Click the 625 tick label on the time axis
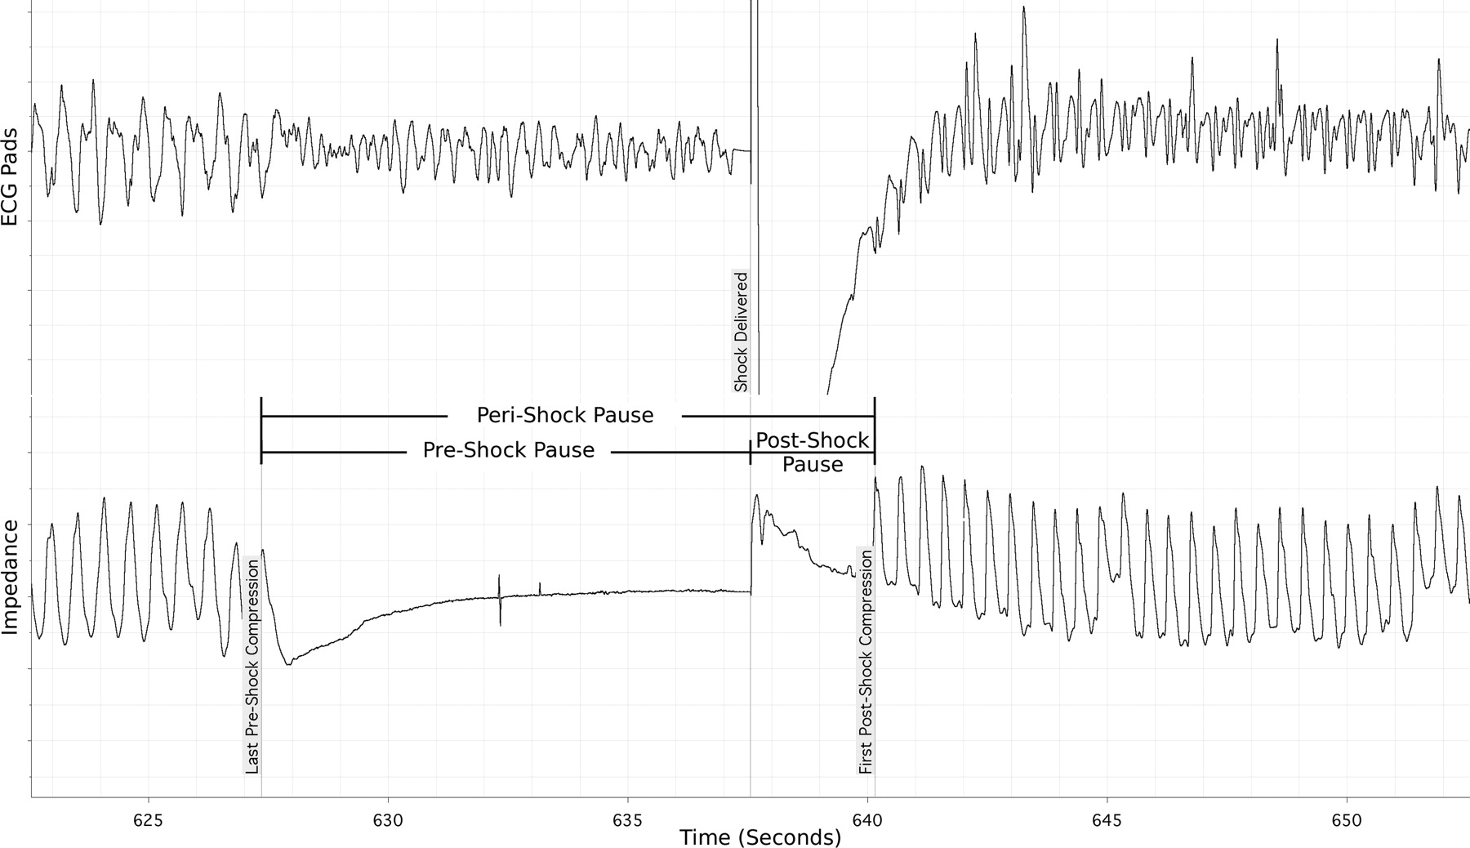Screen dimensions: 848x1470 coord(148,820)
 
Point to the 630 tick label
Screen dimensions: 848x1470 coord(388,820)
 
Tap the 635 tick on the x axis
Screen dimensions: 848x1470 coord(628,820)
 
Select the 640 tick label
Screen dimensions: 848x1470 coord(867,820)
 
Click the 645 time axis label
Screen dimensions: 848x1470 coord(1107,820)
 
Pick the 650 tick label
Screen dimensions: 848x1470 coord(1347,820)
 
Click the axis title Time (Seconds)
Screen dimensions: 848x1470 coord(760,837)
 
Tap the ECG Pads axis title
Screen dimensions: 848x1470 coord(11,177)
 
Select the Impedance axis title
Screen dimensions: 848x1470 coord(11,578)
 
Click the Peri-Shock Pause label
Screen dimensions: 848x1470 coord(565,416)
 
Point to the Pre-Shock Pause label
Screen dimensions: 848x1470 coord(508,451)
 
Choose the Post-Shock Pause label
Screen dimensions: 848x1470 coord(812,453)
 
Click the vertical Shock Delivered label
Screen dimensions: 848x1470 coord(741,333)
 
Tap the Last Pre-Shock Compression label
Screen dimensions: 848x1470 coord(252,666)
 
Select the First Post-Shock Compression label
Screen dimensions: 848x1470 coord(866,662)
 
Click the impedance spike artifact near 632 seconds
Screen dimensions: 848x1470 coord(500,600)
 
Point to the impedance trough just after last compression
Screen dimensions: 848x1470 coord(288,663)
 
